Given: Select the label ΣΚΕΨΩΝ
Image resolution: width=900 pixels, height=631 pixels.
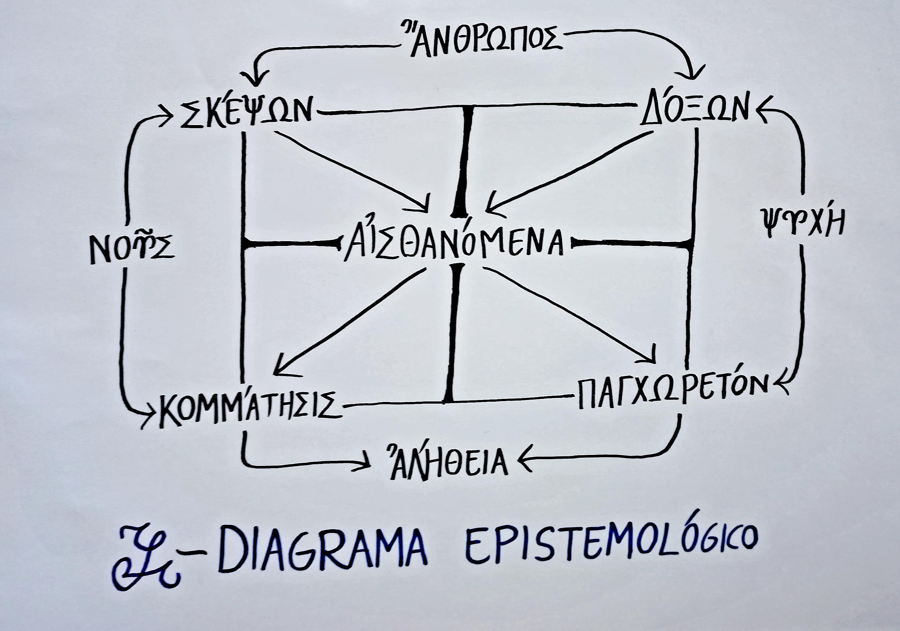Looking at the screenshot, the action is coord(247,112).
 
